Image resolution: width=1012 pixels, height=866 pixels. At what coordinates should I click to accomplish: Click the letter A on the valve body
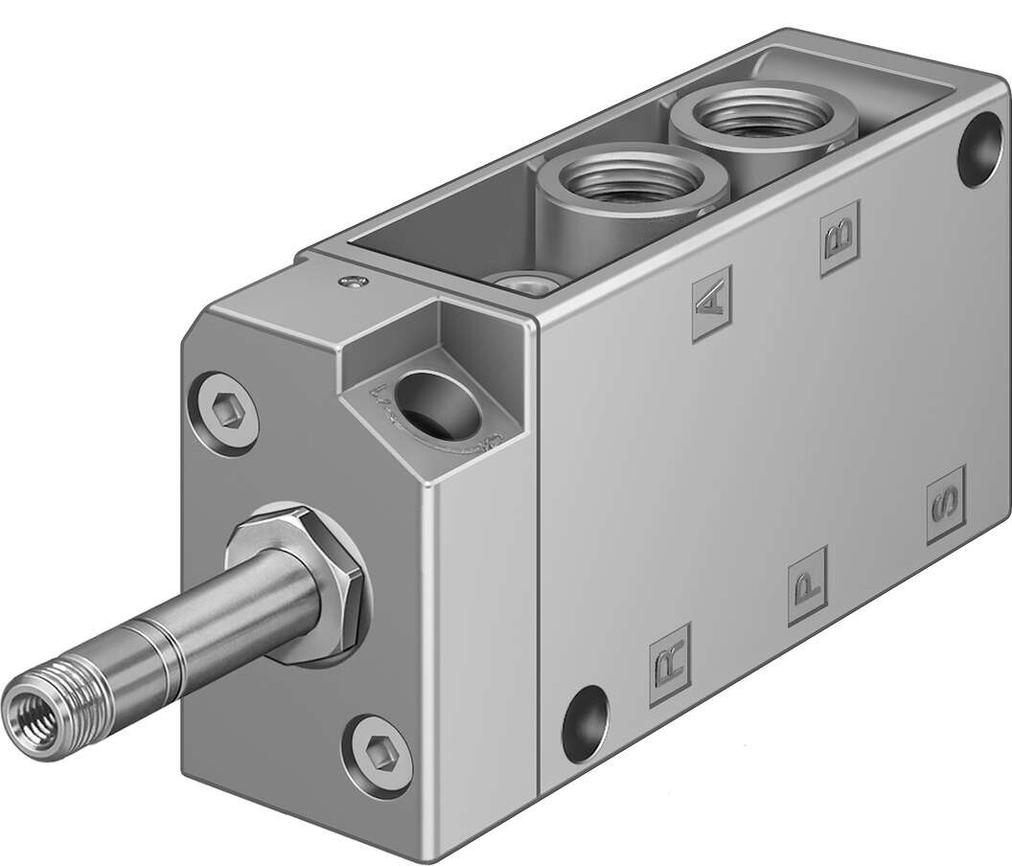[710, 298]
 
